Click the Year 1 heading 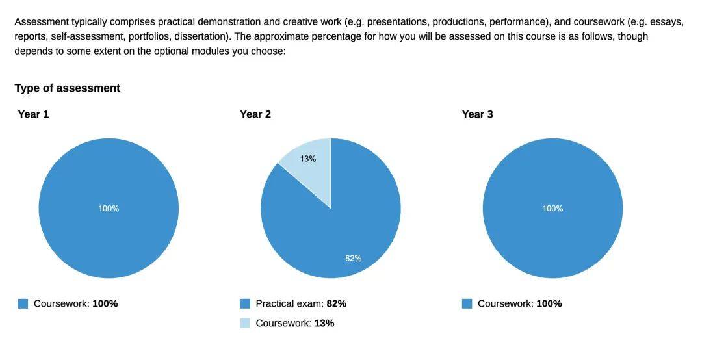coord(33,114)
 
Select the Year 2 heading coord(255,114)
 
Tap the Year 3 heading coord(477,114)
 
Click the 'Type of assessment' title coord(67,88)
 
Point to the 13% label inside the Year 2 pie coord(308,159)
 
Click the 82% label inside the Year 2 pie coord(353,258)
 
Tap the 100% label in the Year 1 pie coord(109,209)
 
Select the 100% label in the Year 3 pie coord(552,209)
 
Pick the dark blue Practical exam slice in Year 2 coord(338,221)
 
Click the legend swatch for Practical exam coord(245,303)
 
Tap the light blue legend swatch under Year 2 coord(245,323)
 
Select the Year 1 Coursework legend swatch coord(23,303)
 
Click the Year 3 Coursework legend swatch coord(467,303)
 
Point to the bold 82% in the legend coord(336,303)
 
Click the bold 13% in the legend coord(324,323)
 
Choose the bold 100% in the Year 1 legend coord(105,303)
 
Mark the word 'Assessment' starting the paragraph coord(42,21)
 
